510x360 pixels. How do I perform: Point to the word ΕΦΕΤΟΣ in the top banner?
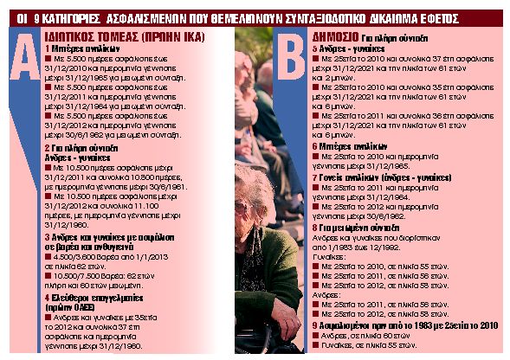tap(475, 15)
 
